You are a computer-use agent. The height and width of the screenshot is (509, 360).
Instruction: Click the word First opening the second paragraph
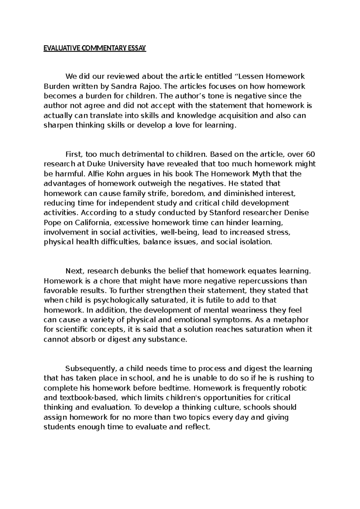click(x=73, y=155)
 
